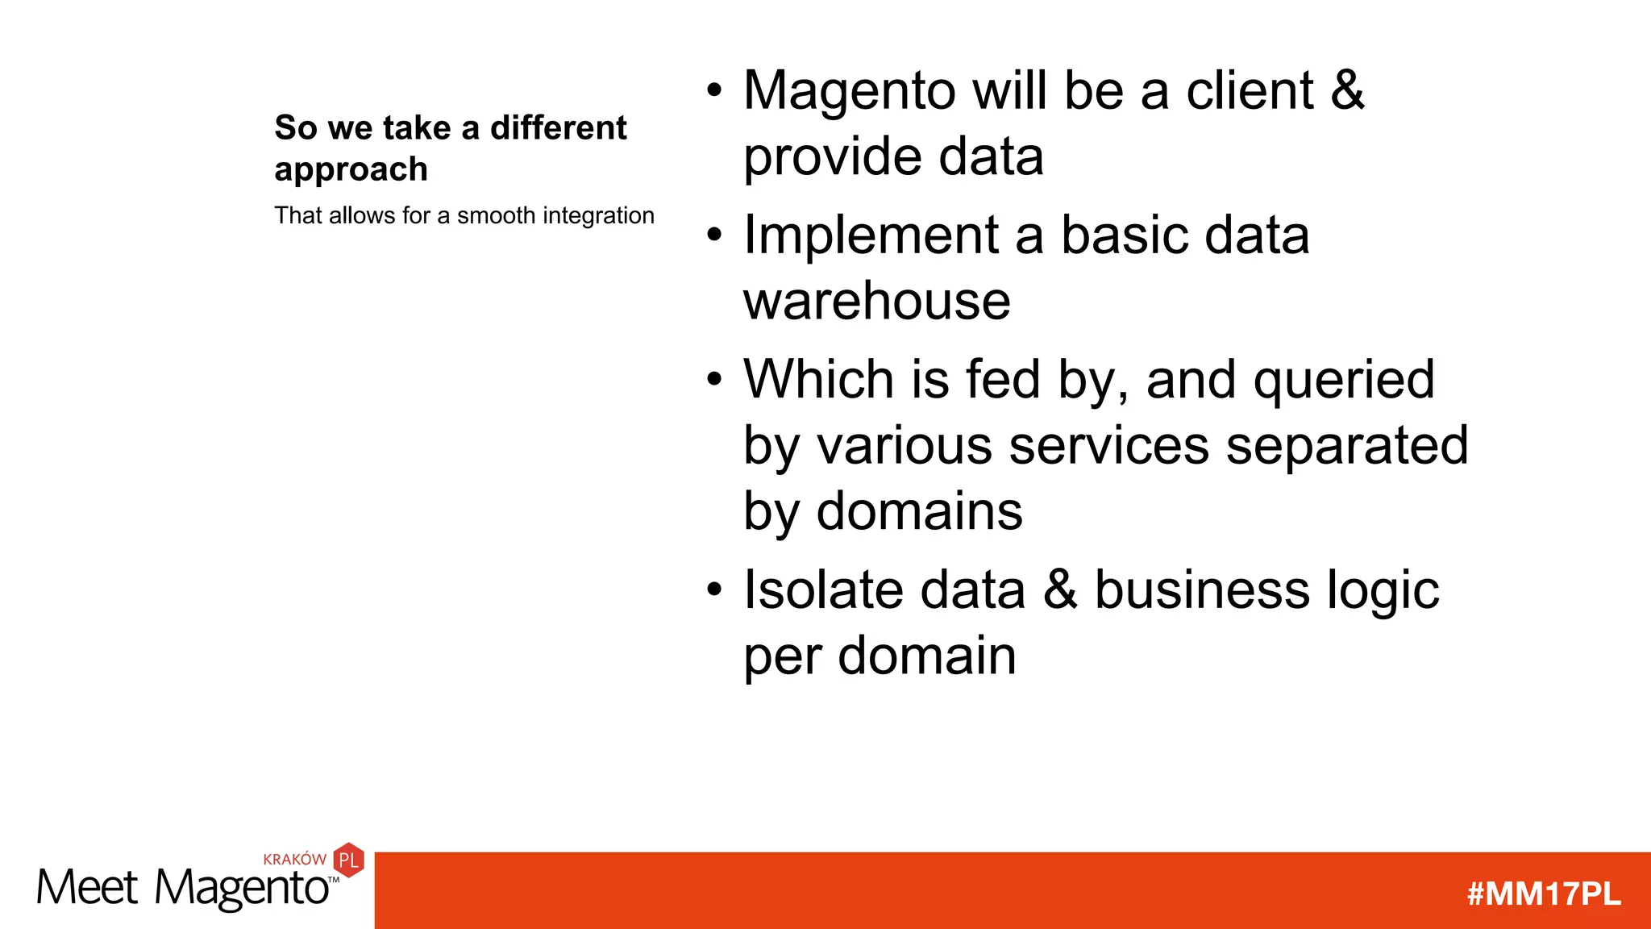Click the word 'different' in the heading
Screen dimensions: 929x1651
pyautogui.click(x=558, y=127)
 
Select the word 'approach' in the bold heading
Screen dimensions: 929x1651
pyautogui.click(x=351, y=170)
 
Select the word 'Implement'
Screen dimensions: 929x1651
pyautogui.click(x=871, y=235)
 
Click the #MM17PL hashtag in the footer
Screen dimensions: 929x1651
pyautogui.click(x=1543, y=894)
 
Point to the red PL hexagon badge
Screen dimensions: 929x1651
pyautogui.click(x=349, y=860)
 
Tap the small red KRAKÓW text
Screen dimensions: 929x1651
pyautogui.click(x=294, y=860)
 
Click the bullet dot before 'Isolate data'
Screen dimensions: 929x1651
pyautogui.click(x=714, y=589)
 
